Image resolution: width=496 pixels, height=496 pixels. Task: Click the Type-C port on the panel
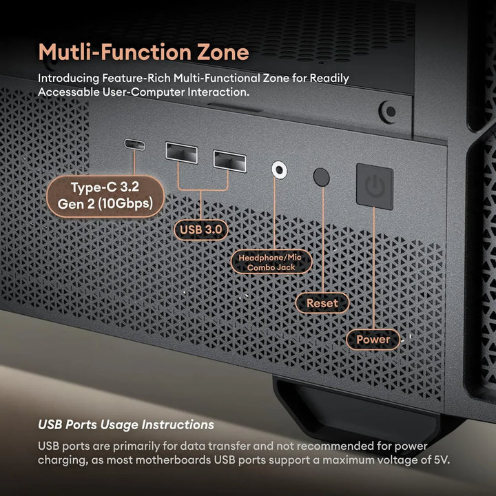(135, 145)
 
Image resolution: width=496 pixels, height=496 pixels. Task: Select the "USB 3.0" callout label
(201, 229)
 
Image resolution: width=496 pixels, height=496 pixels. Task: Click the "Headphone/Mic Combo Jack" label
(270, 262)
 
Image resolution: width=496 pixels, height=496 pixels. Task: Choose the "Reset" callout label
(322, 302)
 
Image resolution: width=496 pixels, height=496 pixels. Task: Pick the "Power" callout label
(373, 339)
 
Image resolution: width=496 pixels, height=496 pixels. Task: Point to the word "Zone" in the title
(222, 52)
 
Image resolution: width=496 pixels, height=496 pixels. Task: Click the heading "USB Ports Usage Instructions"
(125, 425)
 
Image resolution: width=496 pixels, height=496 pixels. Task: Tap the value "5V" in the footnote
(441, 459)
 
